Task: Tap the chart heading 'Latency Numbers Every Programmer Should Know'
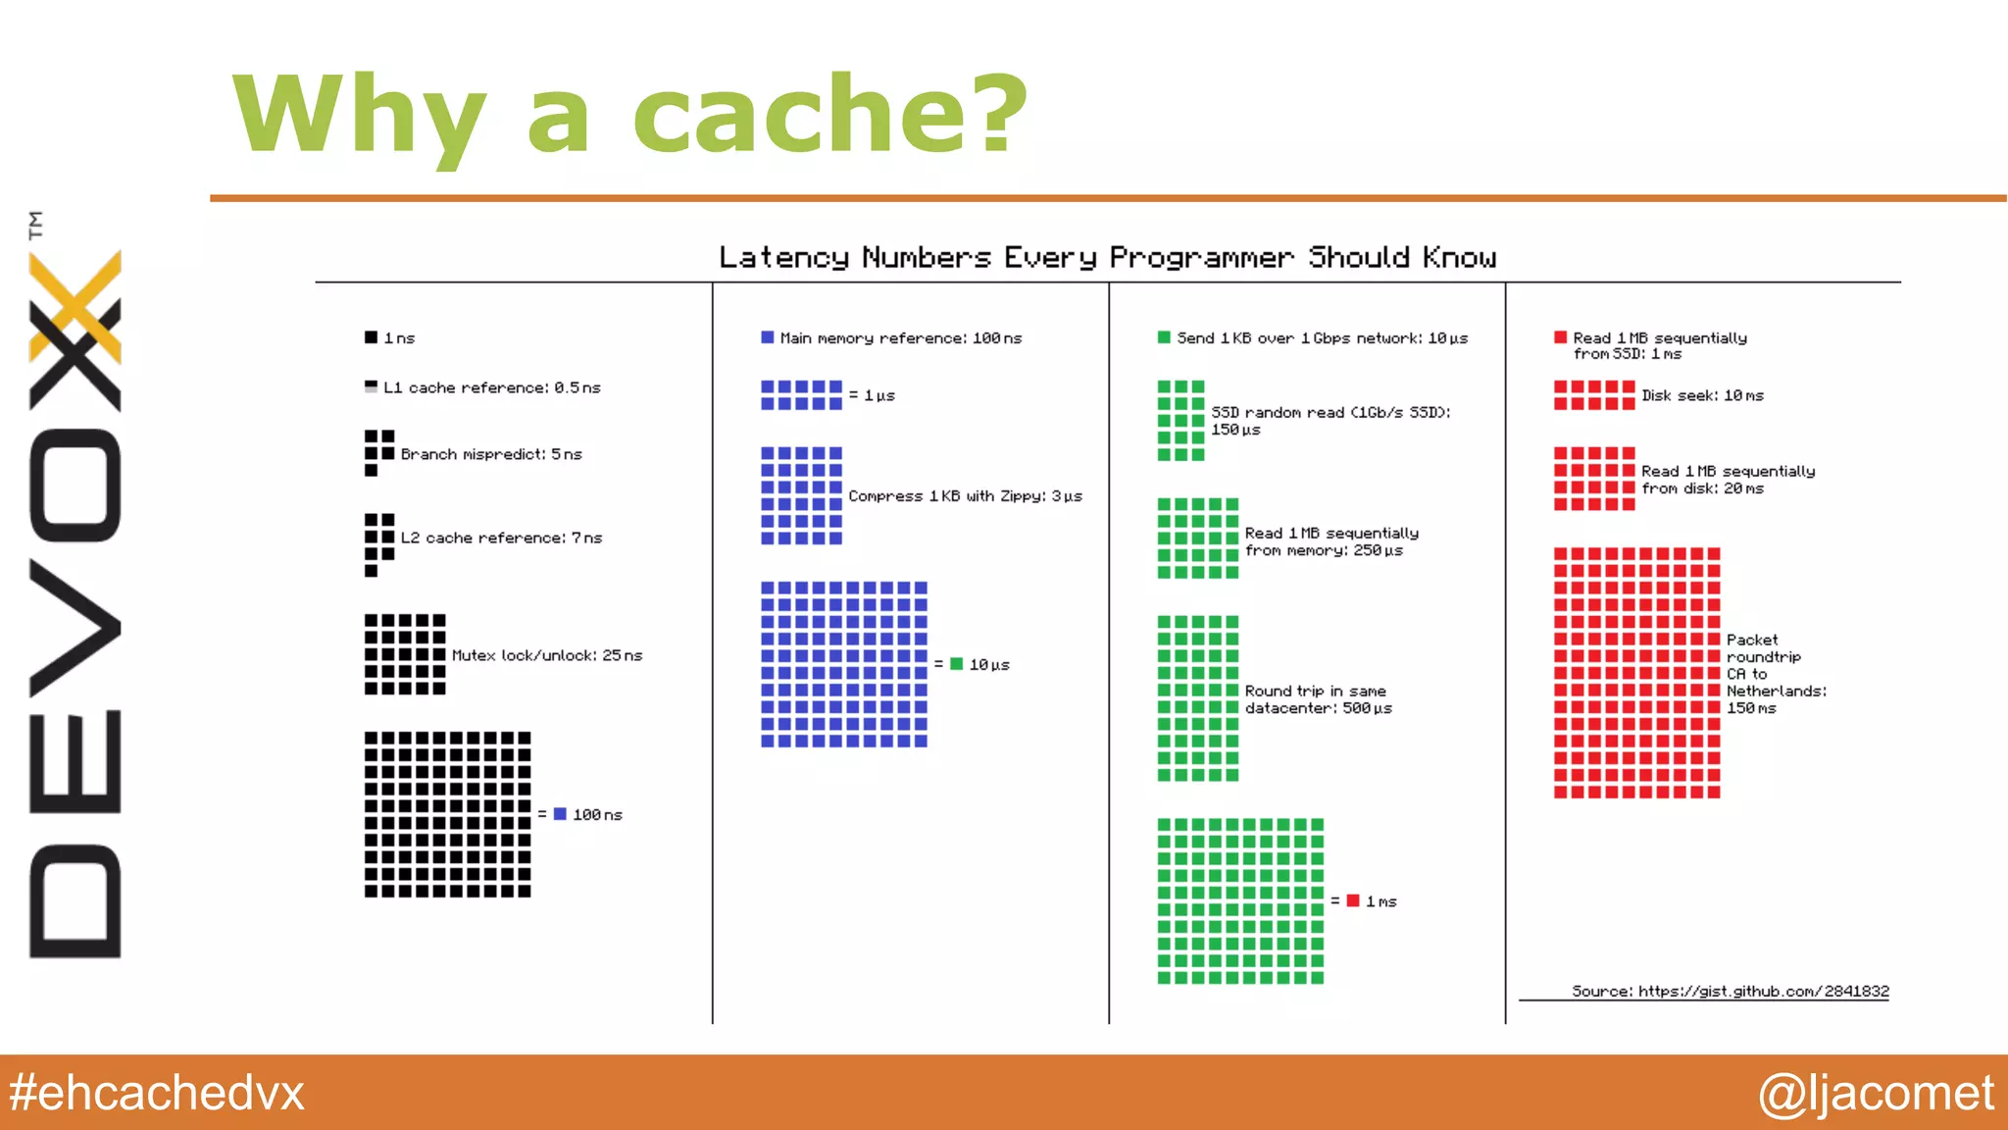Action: [1107, 257]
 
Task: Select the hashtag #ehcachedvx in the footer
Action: [157, 1093]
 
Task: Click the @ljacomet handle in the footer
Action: [1875, 1093]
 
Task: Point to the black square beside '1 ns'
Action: [371, 337]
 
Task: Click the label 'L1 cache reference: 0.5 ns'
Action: [491, 387]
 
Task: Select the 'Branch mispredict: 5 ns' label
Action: [490, 454]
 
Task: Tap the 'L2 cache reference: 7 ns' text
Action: [500, 538]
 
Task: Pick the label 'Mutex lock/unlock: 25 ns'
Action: [546, 655]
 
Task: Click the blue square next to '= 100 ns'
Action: [560, 814]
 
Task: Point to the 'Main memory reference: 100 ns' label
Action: [900, 338]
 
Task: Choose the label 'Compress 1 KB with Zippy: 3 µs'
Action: [965, 496]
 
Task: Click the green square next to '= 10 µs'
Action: [956, 664]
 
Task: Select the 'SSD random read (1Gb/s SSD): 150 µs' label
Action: [1330, 421]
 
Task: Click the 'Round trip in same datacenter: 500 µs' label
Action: [1318, 699]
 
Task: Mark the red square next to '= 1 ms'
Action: [1353, 900]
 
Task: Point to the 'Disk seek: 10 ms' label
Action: [1702, 395]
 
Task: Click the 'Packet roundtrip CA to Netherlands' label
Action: [1776, 674]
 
